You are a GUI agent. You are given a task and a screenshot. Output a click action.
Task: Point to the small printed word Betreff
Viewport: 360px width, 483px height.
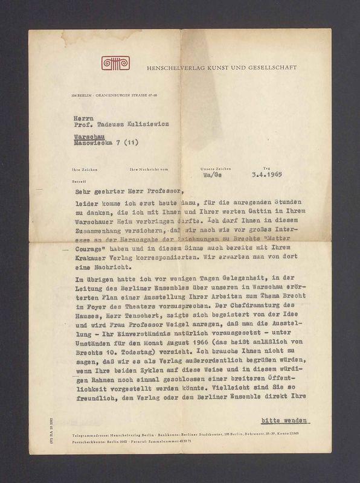79,179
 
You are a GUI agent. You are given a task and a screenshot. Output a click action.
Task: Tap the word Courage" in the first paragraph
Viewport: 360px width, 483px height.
87,248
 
